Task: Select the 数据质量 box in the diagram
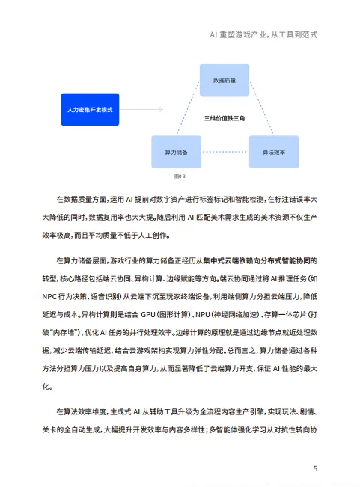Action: [225, 79]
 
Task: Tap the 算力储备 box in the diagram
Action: [177, 152]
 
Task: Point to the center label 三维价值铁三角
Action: [225, 119]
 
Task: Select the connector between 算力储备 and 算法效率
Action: [225, 152]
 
